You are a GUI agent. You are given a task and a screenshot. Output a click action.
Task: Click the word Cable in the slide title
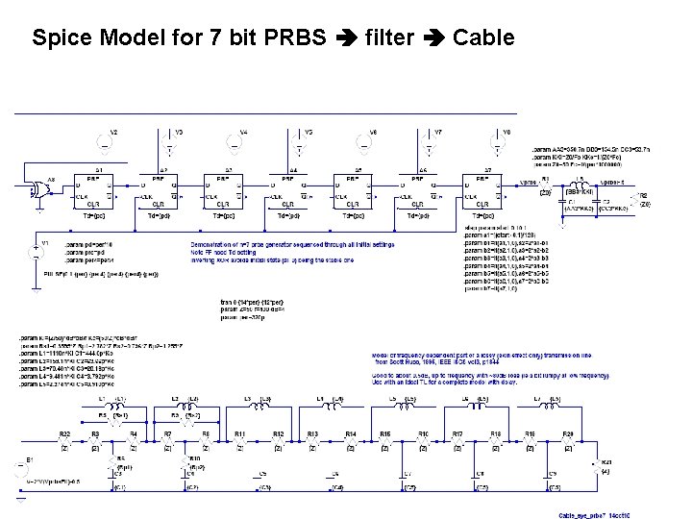click(x=483, y=37)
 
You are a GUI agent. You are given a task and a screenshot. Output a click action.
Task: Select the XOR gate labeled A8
click(x=40, y=189)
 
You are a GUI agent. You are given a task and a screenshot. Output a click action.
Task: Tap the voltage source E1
click(x=22, y=470)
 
